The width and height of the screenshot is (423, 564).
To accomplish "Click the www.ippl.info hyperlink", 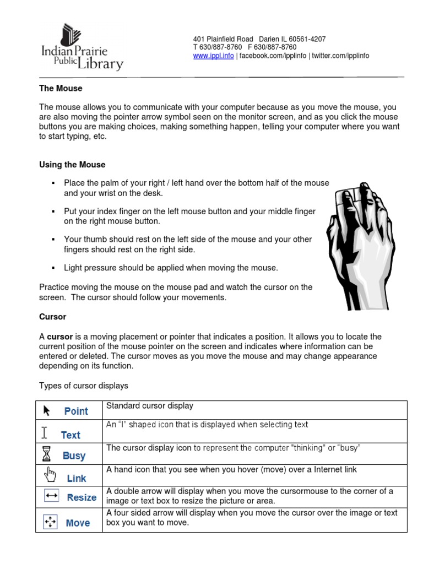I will pos(214,56).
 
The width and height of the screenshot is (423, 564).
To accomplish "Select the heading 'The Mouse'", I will pos(61,88).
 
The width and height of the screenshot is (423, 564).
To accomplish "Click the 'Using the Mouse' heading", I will pos(72,165).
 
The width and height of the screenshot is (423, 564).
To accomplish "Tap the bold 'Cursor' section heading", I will pos(53,317).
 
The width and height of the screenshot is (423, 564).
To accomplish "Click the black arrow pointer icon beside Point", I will pos(46,410).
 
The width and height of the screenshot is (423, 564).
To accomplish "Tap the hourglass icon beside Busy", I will pos(46,454).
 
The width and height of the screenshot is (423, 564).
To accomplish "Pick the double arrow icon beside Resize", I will pos(52,496).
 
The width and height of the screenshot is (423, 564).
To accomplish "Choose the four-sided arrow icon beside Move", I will pos(50,521).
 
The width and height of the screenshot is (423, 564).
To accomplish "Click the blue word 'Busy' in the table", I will pos(74,456).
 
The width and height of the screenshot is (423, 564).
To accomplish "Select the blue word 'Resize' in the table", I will pos(82,497).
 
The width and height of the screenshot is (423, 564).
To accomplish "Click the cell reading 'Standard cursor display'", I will pos(150,406).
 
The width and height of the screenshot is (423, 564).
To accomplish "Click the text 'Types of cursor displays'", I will pos(83,385).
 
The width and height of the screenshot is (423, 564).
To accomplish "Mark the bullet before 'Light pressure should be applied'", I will pos(53,268).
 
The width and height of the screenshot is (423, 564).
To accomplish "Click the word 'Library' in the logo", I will pos(100,64).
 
